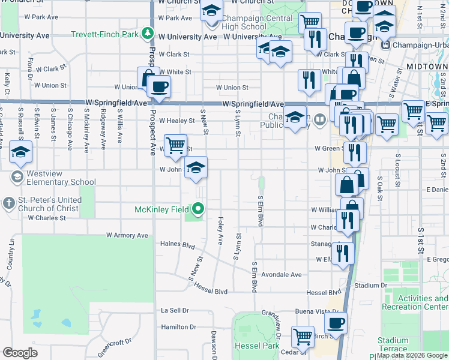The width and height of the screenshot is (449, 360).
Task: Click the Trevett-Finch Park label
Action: [x=105, y=34]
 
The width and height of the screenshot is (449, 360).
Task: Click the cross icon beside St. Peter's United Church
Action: [x=9, y=203]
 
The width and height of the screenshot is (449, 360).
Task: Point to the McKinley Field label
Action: [x=162, y=209]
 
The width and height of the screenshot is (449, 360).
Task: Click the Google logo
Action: [x=20, y=352]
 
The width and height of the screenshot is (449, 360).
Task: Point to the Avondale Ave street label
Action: [x=282, y=275]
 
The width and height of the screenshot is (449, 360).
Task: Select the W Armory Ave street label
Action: [x=127, y=236]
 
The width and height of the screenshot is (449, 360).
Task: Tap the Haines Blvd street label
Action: [x=178, y=244]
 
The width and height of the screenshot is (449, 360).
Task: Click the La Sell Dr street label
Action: [x=174, y=310]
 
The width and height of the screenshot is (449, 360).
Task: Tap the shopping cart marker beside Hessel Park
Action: [x=303, y=337]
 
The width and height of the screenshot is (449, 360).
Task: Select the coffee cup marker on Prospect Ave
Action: [x=160, y=87]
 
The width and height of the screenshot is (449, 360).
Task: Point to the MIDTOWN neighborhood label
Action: [x=427, y=65]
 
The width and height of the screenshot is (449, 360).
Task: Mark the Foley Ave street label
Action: [x=221, y=230]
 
